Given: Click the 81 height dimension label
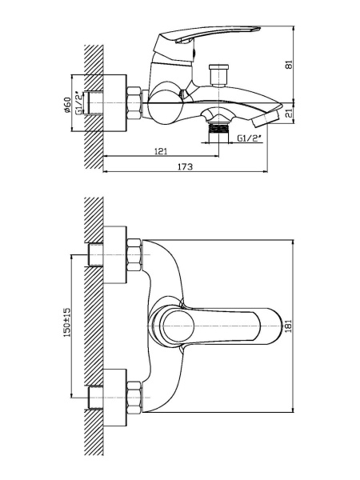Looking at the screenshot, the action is pyautogui.click(x=289, y=65).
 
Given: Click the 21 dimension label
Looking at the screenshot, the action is pyautogui.click(x=289, y=114).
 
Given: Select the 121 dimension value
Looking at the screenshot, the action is pyautogui.click(x=161, y=151).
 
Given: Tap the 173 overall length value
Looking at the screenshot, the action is pyautogui.click(x=186, y=166).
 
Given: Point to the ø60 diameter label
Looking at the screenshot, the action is pyautogui.click(x=67, y=104).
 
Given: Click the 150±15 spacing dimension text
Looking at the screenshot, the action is pyautogui.click(x=67, y=322).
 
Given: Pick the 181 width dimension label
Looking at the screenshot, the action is pyautogui.click(x=289, y=326).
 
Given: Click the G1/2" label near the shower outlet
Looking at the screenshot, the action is pyautogui.click(x=250, y=138).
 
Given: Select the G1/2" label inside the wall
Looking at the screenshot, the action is pyautogui.click(x=78, y=103).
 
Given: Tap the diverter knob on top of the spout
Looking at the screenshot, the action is pyautogui.click(x=218, y=73).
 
